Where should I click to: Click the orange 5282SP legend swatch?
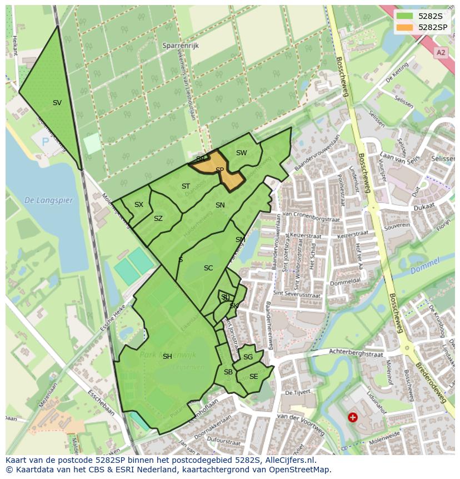pyautogui.click(x=404, y=27)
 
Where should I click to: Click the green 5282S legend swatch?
pyautogui.click(x=404, y=16)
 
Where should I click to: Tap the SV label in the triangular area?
pyautogui.click(x=57, y=103)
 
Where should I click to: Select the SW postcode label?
pyautogui.click(x=241, y=153)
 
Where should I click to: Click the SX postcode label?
pyautogui.click(x=139, y=205)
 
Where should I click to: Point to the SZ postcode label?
pyautogui.click(x=158, y=219)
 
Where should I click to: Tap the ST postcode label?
pyautogui.click(x=186, y=186)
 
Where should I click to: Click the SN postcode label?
pyautogui.click(x=220, y=205)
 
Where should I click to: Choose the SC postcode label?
pyautogui.click(x=208, y=268)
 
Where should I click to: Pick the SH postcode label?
pyautogui.click(x=167, y=357)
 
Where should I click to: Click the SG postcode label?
pyautogui.click(x=248, y=357)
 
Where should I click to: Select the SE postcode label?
pyautogui.click(x=253, y=377)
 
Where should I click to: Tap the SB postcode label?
pyautogui.click(x=228, y=372)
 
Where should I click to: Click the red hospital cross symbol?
pyautogui.click(x=352, y=417)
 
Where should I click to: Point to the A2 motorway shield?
pyautogui.click(x=441, y=52)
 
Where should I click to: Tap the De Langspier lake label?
pyautogui.click(x=48, y=200)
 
